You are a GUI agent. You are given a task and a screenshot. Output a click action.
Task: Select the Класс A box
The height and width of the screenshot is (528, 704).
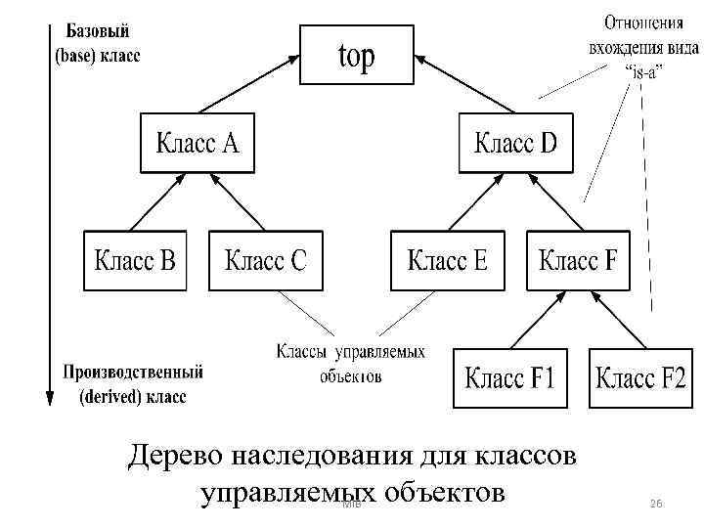coord(197,145)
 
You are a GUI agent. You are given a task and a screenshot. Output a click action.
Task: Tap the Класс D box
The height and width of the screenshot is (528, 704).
coord(516,145)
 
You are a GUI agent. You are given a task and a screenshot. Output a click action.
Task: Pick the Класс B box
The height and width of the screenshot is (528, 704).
coord(135,261)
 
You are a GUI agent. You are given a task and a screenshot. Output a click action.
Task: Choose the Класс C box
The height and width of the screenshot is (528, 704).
coord(265,261)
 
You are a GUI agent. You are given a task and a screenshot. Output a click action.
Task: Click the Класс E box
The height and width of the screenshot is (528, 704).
coord(447,261)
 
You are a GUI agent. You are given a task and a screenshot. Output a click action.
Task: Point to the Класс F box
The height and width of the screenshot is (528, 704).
coord(578,261)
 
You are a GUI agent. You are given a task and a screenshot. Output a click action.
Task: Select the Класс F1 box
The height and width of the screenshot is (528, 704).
coord(509,377)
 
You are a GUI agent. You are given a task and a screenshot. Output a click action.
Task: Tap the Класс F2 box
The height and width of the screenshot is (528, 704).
coord(641,377)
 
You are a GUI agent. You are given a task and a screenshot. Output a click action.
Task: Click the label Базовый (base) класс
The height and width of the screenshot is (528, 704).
coord(96,43)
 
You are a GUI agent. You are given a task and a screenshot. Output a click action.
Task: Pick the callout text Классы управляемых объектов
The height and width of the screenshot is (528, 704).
coord(350,361)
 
